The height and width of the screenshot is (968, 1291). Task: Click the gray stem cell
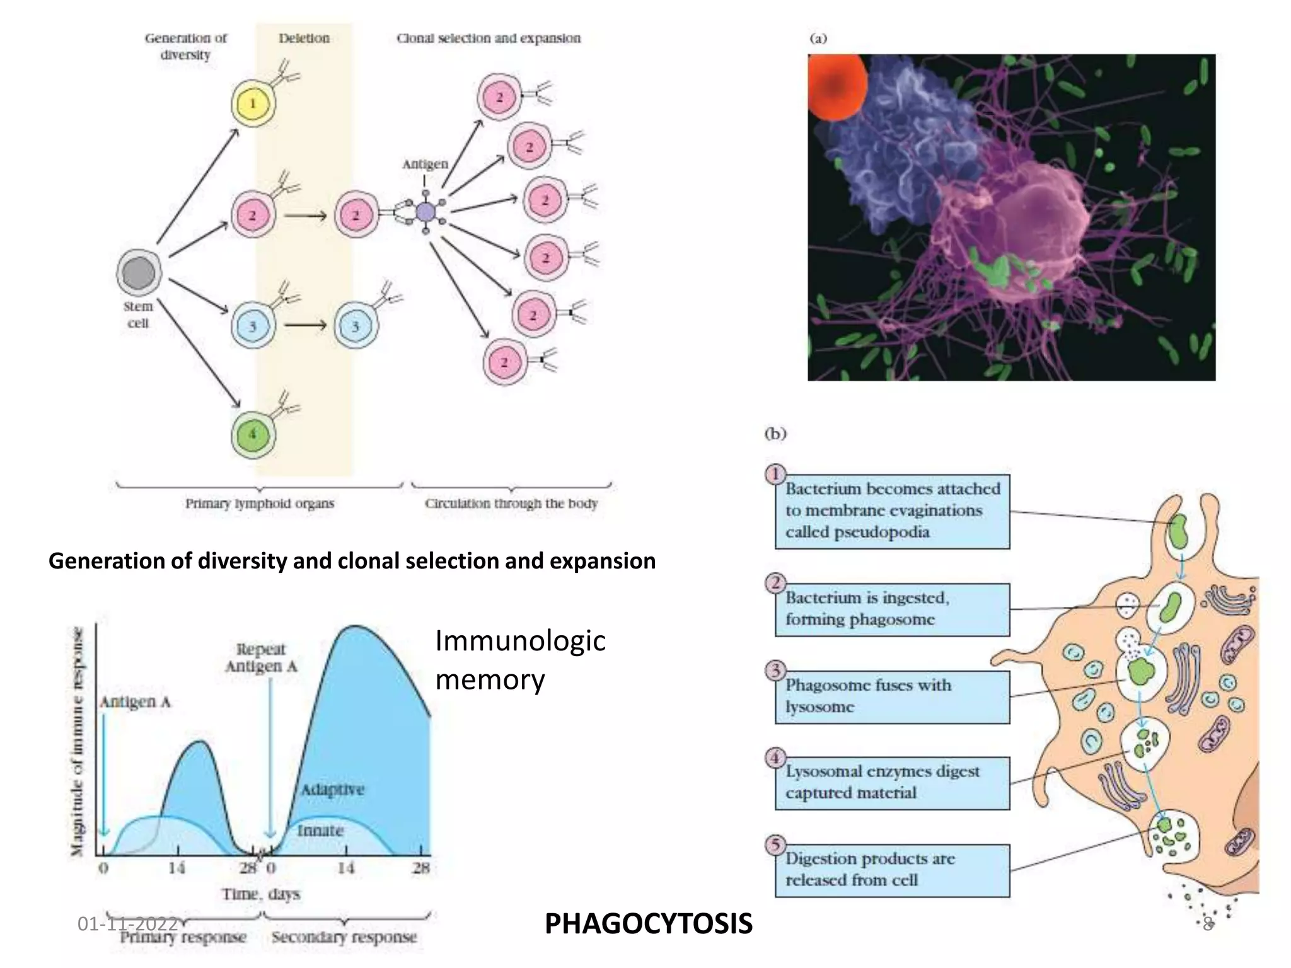click(x=139, y=272)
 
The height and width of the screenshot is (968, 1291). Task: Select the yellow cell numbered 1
click(x=253, y=103)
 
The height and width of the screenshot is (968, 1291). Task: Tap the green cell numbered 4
click(x=253, y=434)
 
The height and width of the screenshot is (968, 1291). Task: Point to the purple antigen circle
click(x=426, y=212)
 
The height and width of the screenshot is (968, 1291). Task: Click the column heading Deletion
click(x=304, y=38)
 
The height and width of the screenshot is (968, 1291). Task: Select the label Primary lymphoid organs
click(x=259, y=504)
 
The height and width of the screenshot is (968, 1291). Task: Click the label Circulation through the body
click(x=511, y=504)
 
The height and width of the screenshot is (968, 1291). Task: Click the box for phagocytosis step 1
click(x=891, y=511)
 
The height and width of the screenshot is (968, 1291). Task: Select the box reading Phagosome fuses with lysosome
click(x=891, y=696)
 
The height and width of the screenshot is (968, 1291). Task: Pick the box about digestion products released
click(x=891, y=870)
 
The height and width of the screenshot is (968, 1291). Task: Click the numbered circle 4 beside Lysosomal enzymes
click(x=776, y=758)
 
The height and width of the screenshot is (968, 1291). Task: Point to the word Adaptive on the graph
click(x=332, y=790)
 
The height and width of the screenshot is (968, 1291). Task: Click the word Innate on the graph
click(x=320, y=831)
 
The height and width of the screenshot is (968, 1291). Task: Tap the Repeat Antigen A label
click(x=261, y=658)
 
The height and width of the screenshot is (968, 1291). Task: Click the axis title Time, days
click(x=260, y=894)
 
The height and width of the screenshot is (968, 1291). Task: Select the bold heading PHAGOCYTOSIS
click(x=648, y=924)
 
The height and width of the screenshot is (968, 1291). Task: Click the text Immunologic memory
click(x=519, y=660)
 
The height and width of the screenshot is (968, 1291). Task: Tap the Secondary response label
click(x=344, y=937)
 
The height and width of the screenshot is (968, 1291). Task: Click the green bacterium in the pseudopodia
click(x=1178, y=531)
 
